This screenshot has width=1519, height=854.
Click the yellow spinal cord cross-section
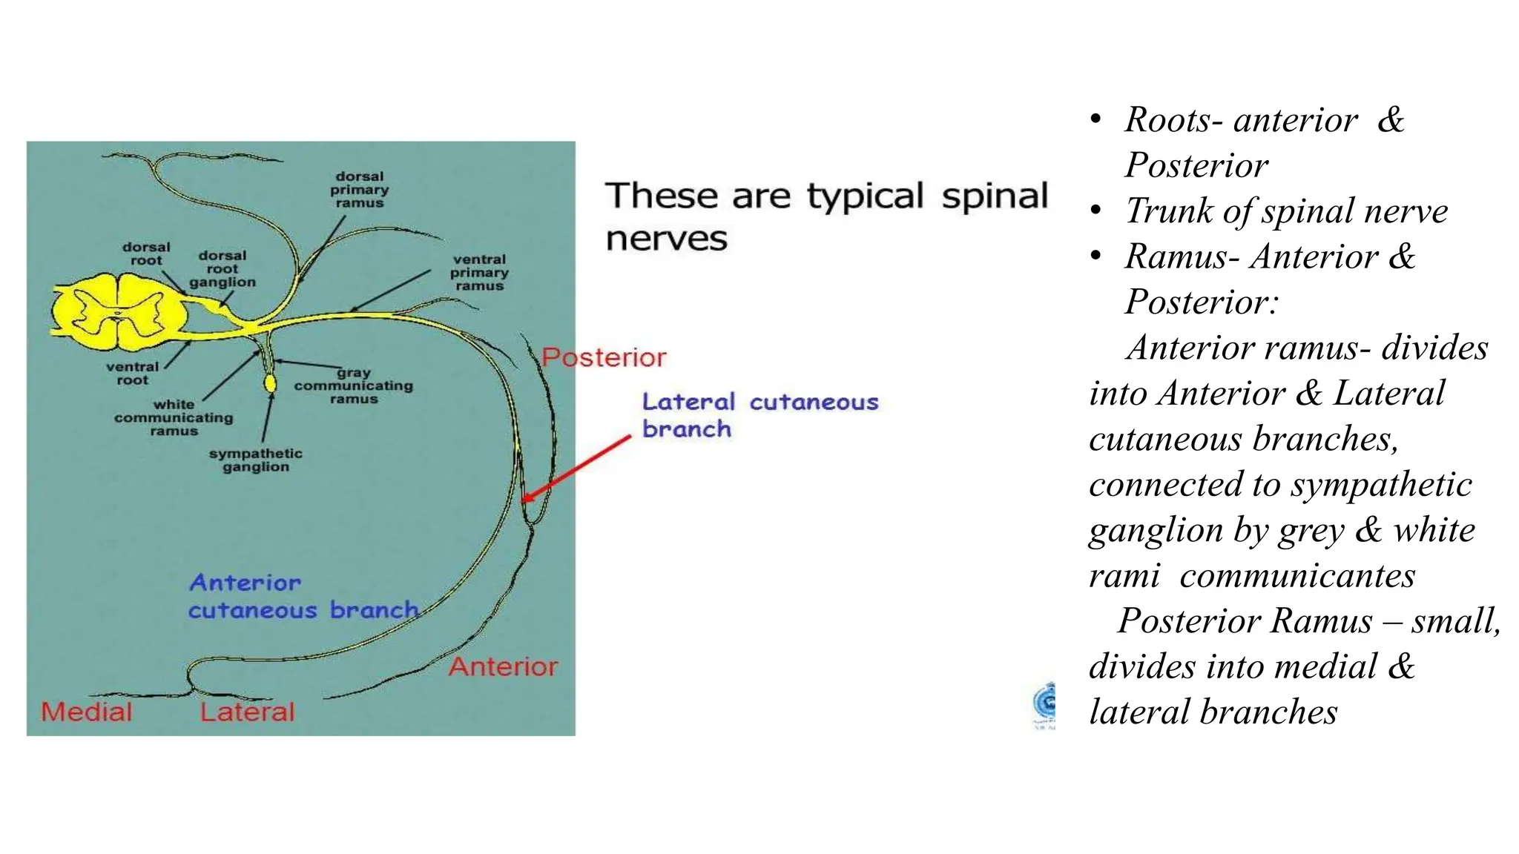(119, 311)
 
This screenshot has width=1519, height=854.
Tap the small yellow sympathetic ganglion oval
(270, 383)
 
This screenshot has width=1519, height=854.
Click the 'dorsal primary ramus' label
(360, 190)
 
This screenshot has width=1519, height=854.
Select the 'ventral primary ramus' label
(479, 273)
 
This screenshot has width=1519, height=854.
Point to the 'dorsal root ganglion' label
(223, 269)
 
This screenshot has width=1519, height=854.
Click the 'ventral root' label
(132, 374)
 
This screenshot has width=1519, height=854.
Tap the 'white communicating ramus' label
(174, 417)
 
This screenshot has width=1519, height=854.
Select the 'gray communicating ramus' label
(353, 385)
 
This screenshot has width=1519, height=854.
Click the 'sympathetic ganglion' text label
(255, 460)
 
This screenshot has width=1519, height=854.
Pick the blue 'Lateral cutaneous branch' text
(759, 415)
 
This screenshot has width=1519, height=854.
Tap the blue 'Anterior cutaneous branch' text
(303, 597)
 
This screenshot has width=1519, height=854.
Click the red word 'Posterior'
(604, 358)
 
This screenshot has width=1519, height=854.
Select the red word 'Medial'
(87, 712)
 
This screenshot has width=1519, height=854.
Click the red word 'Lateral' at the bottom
(247, 712)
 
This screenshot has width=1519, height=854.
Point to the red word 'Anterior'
(503, 666)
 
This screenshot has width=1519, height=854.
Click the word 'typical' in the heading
(865, 197)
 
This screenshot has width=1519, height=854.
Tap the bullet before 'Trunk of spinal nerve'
(1096, 211)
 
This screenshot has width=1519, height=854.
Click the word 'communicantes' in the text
(1297, 576)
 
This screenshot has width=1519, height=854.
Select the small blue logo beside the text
(1044, 704)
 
